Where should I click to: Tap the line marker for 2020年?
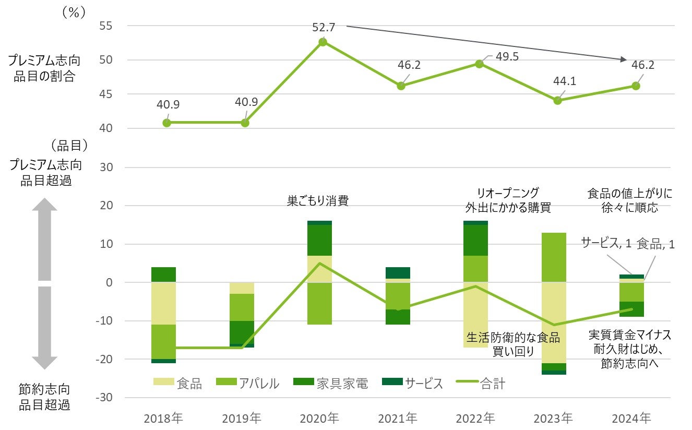coord(323,42)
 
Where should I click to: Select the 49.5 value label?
coord(507,56)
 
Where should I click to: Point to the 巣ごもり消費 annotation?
coord(317,201)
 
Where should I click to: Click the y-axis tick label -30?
coord(105,398)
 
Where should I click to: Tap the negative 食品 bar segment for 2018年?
coord(163,303)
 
